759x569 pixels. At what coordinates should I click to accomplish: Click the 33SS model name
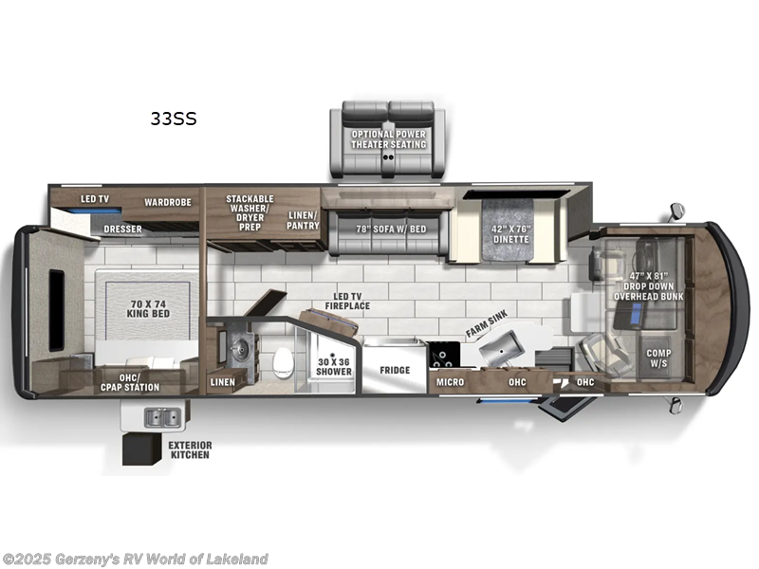173,119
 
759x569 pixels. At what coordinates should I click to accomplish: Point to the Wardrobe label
168,202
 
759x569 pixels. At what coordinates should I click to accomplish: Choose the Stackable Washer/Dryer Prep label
250,213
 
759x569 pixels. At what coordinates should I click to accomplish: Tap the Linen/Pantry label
304,220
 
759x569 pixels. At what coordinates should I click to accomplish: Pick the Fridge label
395,370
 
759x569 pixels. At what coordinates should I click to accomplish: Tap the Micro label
451,382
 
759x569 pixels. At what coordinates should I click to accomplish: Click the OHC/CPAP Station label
133,383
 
